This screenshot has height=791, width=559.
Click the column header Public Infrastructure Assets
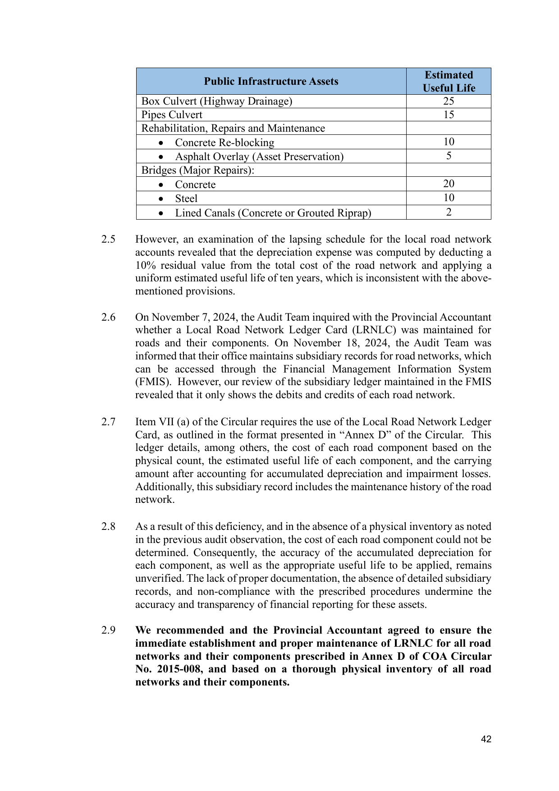pyautogui.click(x=271, y=81)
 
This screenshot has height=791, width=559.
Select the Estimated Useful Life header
pyautogui.click(x=449, y=81)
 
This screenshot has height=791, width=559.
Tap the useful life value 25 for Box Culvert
pyautogui.click(x=449, y=101)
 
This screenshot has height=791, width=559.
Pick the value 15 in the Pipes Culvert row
pyautogui.click(x=449, y=115)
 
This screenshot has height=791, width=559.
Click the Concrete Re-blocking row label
pyautogui.click(x=225, y=143)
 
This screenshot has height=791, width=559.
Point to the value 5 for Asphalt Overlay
pyautogui.click(x=449, y=156)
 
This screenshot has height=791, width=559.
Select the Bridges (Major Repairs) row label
pyautogui.click(x=198, y=170)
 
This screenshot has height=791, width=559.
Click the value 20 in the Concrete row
pyautogui.click(x=449, y=184)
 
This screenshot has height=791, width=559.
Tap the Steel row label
pyautogui.click(x=186, y=198)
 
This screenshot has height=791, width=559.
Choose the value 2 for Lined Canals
pyautogui.click(x=449, y=212)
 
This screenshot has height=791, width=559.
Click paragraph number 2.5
pyautogui.click(x=108, y=239)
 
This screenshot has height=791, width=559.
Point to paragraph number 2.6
pyautogui.click(x=108, y=317)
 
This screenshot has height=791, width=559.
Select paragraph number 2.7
pyautogui.click(x=108, y=422)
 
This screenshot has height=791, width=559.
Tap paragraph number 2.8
pyautogui.click(x=108, y=526)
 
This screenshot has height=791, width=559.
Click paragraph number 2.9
pyautogui.click(x=108, y=630)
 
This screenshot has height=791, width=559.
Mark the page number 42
pyautogui.click(x=486, y=739)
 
